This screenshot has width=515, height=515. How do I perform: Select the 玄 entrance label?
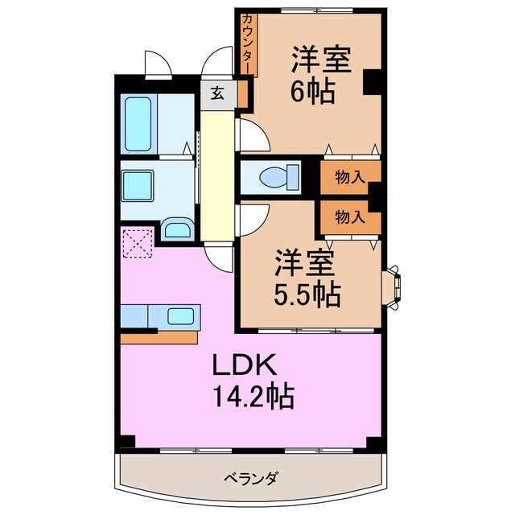tap(218, 93)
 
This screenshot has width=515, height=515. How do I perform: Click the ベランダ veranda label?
tap(250, 479)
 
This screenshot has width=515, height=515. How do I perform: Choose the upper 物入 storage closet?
tap(348, 178)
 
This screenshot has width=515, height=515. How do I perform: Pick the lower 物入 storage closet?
tap(348, 216)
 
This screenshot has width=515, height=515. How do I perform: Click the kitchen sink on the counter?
tap(180, 316)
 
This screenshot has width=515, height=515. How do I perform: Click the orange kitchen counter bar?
tap(159, 337)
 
